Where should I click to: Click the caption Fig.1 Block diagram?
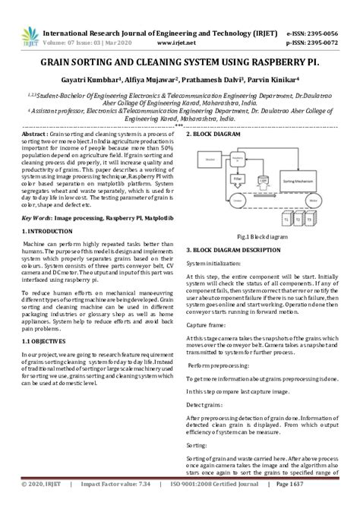click(x=258, y=236)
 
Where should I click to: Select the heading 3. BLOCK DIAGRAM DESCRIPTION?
click(x=242, y=249)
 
